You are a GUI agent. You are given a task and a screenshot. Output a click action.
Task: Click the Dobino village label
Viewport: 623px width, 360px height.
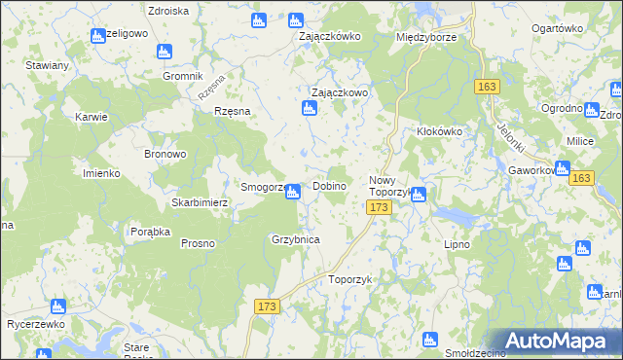(331, 186)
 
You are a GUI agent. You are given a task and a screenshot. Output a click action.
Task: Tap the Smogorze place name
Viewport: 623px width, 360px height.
(262, 187)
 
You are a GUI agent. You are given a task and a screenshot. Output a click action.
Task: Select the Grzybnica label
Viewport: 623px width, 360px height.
(296, 238)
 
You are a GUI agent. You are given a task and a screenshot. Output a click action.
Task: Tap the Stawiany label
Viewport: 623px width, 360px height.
(48, 65)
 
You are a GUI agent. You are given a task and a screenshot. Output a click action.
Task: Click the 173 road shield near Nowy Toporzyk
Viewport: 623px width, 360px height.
(380, 207)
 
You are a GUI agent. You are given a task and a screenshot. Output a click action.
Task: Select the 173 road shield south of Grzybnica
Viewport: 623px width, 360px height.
(268, 306)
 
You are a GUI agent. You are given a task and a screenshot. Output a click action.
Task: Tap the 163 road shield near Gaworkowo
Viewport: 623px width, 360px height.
(582, 178)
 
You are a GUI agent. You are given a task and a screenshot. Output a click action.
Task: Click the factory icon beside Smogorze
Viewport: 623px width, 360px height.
(292, 193)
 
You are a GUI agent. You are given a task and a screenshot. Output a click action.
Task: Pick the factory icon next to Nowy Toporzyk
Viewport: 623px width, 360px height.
(418, 194)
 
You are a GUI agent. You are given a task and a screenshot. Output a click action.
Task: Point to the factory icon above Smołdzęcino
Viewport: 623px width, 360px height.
(430, 339)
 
